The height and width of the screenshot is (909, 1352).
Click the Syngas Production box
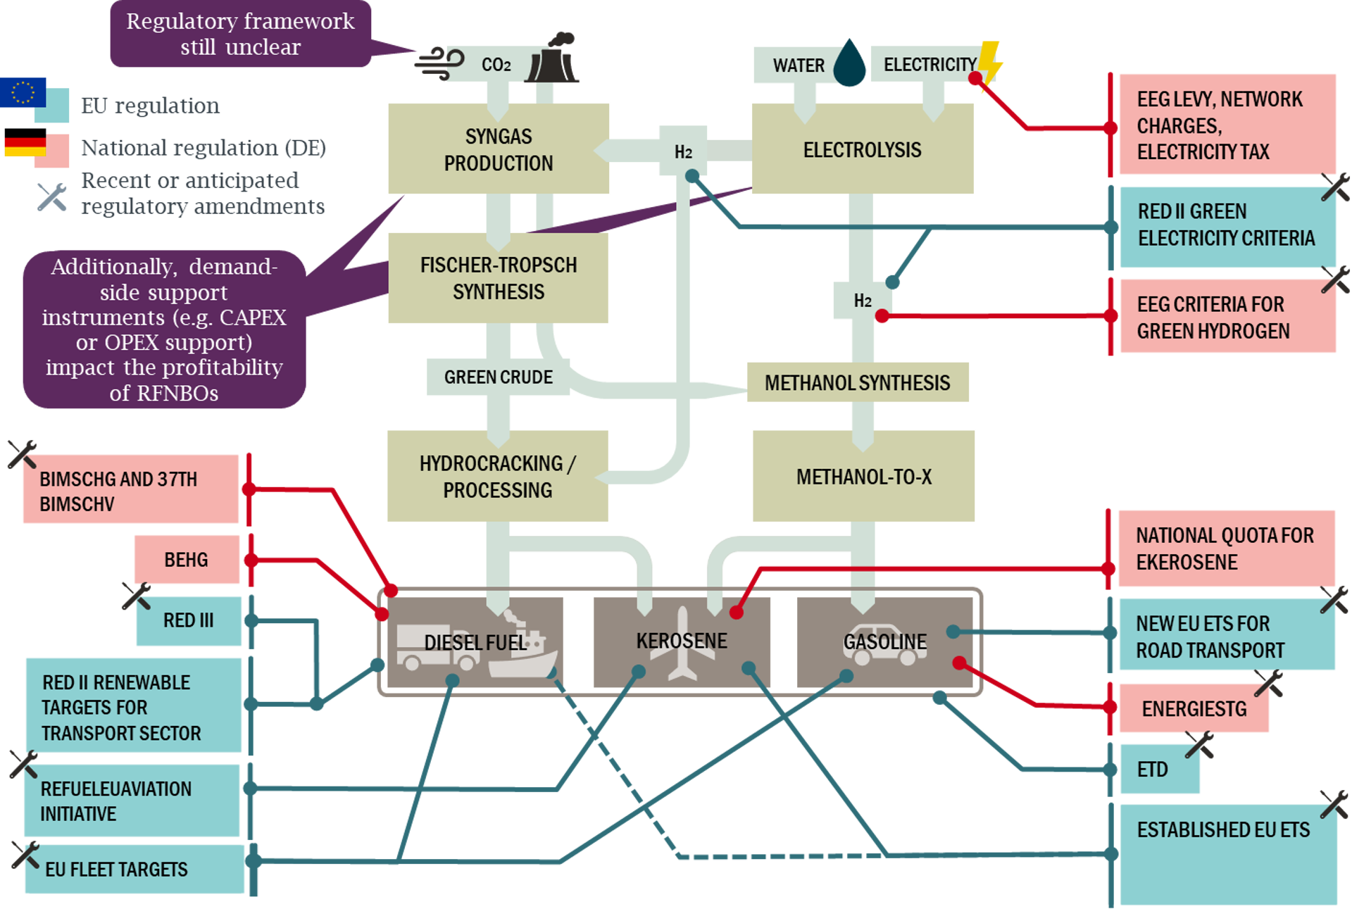coord(498,149)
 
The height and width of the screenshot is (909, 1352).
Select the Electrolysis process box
coord(862,149)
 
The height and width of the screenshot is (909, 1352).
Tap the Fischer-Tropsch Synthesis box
coord(498,278)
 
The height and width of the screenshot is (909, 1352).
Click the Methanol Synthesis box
coord(857,382)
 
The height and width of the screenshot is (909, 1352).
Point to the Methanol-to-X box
coord(863,477)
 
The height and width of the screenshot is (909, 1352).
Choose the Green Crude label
coord(498,377)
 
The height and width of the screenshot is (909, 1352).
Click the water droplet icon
coord(850,63)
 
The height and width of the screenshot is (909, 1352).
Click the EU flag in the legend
coord(23,92)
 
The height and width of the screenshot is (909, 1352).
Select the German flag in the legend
coord(25,143)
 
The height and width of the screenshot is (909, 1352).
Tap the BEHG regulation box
coord(187,560)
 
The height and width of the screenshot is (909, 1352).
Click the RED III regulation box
coord(189,620)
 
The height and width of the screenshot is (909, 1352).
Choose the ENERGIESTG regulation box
coord(1194,708)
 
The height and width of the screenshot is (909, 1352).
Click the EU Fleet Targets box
coord(134,870)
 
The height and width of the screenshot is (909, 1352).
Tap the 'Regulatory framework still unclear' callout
coord(240,34)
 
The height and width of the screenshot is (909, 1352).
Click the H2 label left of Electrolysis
coord(682,151)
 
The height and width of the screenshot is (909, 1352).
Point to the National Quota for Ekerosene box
coord(1225,548)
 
